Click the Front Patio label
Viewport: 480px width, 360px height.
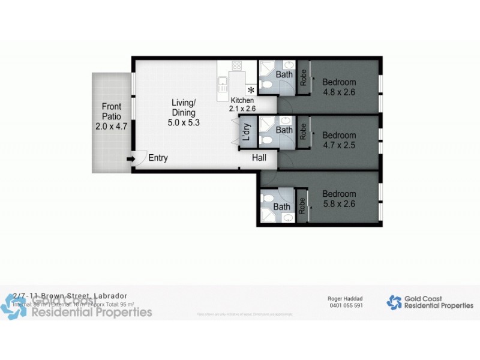(112, 116)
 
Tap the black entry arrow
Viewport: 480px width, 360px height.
(130, 159)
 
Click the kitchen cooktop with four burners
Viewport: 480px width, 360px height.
(237, 66)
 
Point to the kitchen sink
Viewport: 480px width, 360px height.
(222, 83)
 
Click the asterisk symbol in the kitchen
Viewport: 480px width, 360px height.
(251, 91)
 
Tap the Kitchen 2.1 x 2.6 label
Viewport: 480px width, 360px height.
(242, 104)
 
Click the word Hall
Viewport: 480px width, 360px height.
(259, 158)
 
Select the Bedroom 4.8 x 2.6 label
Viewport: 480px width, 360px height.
(339, 87)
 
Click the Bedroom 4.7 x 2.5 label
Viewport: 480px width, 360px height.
(339, 140)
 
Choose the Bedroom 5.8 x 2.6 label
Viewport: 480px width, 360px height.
(339, 199)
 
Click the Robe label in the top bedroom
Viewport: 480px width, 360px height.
(303, 79)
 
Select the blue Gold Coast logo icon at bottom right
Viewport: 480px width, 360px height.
(394, 302)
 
